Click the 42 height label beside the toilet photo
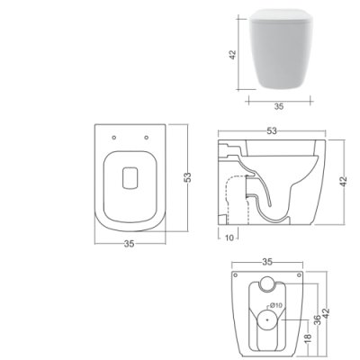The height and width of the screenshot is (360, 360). click(x=233, y=55)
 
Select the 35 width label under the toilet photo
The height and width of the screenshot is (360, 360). click(x=279, y=106)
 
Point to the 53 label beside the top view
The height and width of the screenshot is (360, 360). click(x=187, y=177)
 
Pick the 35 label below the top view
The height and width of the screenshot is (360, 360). click(x=130, y=244)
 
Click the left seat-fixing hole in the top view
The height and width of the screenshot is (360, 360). click(x=113, y=138)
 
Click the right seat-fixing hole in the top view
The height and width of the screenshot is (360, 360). click(x=146, y=138)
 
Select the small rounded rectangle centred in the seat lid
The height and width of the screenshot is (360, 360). click(x=130, y=178)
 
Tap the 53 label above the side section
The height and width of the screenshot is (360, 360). click(x=272, y=130)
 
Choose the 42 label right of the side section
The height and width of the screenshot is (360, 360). click(x=343, y=181)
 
